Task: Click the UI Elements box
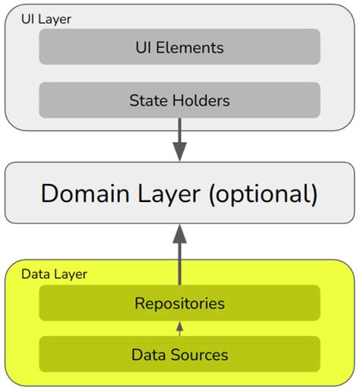pyautogui.click(x=179, y=47)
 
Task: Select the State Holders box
pyautogui.click(x=179, y=100)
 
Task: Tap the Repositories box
pyautogui.click(x=179, y=303)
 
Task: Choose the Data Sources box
pyautogui.click(x=179, y=354)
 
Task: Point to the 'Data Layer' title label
pyautogui.click(x=54, y=273)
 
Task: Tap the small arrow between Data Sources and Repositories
pyautogui.click(x=179, y=328)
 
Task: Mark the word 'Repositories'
pyautogui.click(x=179, y=303)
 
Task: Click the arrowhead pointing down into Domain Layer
pyautogui.click(x=179, y=151)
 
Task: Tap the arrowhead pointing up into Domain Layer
pyautogui.click(x=179, y=232)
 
